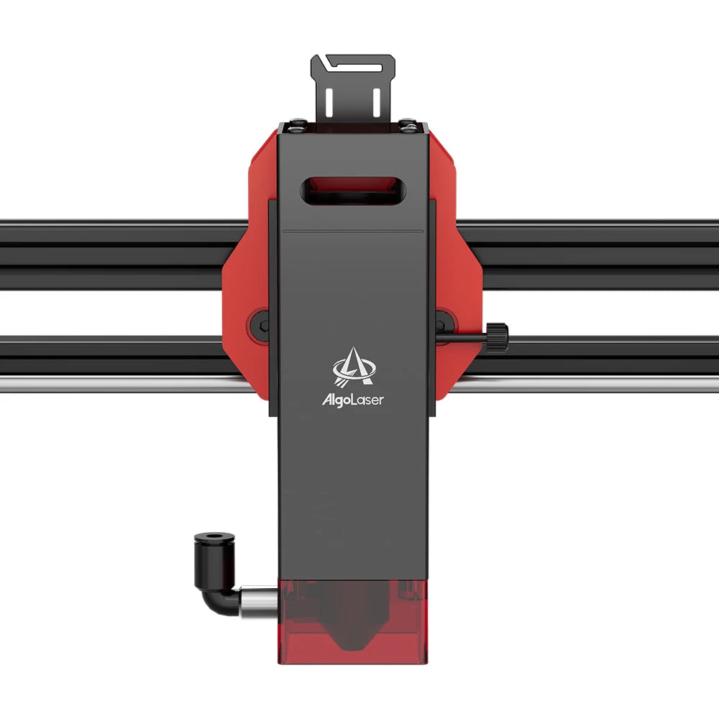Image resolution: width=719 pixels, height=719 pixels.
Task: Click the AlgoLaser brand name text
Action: click(352, 400)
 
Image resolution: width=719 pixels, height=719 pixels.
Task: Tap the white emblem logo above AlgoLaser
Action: click(352, 367)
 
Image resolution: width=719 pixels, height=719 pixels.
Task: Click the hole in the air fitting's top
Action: click(214, 537)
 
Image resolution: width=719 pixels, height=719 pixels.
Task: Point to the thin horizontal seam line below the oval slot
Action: click(352, 232)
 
